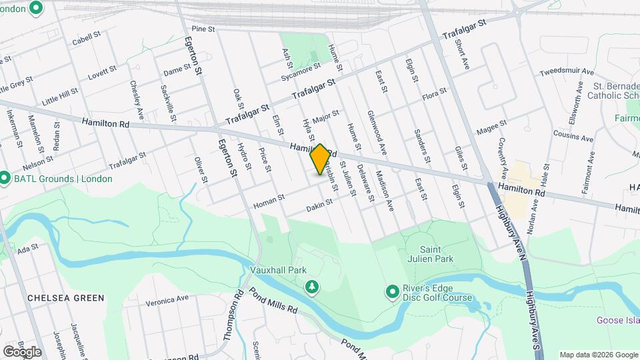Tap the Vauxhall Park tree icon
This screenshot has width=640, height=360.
[x=311, y=287]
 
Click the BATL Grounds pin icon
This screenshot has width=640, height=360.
[x=5, y=179]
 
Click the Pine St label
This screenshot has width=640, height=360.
[x=203, y=29]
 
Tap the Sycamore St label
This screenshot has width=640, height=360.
[x=301, y=69]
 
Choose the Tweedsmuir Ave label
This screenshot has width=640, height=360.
[x=566, y=71]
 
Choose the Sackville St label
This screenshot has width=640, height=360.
[x=166, y=98]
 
